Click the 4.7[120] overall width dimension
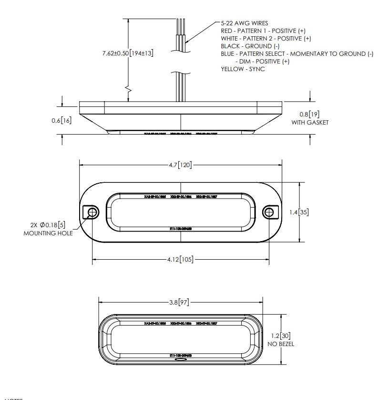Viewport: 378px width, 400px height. coord(180,165)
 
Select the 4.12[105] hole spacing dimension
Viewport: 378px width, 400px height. coord(180,260)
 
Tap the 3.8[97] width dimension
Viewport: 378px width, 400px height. coord(181,302)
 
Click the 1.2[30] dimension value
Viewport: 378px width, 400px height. coord(281,336)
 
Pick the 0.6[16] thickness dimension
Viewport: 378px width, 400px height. coord(61,121)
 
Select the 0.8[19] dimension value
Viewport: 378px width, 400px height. coord(309,115)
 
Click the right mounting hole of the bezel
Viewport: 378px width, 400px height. coord(269,212)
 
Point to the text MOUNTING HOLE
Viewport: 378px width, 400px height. coord(48,233)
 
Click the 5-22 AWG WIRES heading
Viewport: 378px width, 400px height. coord(245,23)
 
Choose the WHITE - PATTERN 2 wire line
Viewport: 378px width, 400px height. coord(266,38)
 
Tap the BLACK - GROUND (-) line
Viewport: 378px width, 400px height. coord(250,46)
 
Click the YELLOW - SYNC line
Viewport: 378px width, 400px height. coord(243,69)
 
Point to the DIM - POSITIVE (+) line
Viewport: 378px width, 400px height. coord(262,62)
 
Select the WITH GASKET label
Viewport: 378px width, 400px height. coord(309,123)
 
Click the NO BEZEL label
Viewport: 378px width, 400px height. coord(281,344)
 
